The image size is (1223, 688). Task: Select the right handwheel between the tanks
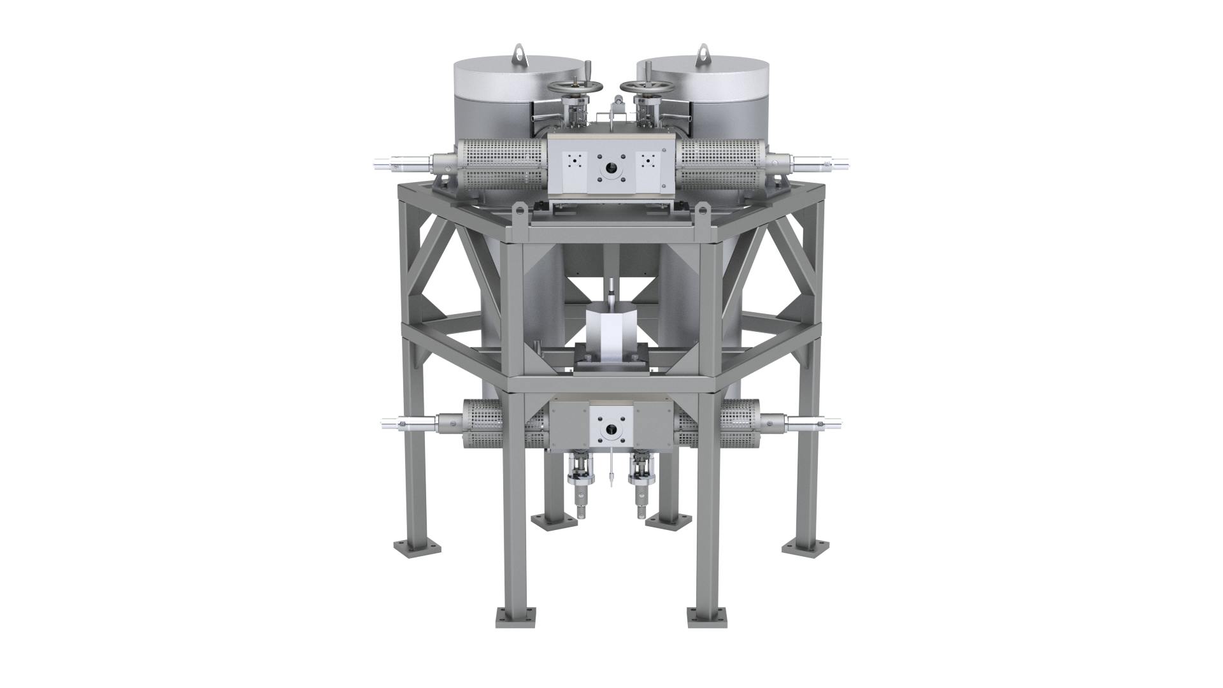[x=643, y=87]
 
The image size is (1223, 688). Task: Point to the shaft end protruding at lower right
[x=829, y=422]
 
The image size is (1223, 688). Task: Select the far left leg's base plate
[x=414, y=547]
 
